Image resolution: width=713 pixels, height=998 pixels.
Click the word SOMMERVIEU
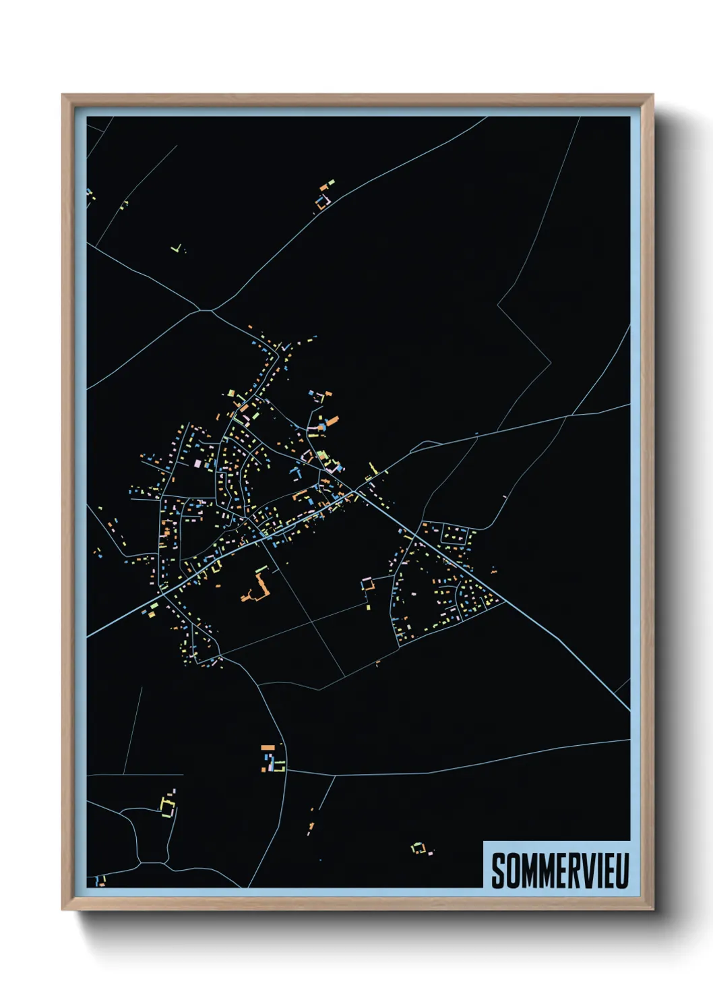click(x=559, y=871)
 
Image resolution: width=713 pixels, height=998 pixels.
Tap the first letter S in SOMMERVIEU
click(x=498, y=871)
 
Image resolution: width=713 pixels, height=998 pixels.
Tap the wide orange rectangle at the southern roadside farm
click(x=268, y=747)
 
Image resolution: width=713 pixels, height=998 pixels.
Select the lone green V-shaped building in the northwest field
click(x=177, y=249)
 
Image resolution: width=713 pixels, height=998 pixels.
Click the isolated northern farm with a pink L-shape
click(x=324, y=199)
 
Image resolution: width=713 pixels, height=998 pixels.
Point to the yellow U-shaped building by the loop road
click(x=167, y=806)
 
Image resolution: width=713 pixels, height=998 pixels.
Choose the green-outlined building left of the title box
click(x=418, y=848)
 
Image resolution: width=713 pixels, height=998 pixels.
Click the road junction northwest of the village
click(x=206, y=311)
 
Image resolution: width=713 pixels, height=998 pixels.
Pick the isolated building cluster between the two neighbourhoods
click(x=367, y=585)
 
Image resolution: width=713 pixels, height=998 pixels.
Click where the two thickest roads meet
click(x=356, y=492)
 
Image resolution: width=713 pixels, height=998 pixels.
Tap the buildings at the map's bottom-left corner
click(x=100, y=880)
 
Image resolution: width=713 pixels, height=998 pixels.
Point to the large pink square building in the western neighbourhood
click(x=197, y=464)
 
